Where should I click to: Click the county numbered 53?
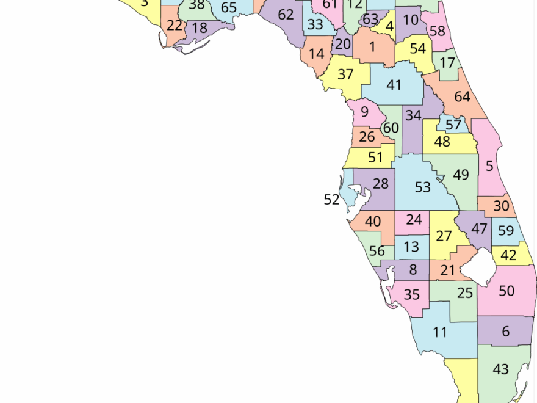[422, 187]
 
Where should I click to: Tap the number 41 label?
[394, 85]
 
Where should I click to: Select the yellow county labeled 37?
[345, 75]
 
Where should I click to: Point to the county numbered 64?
[462, 96]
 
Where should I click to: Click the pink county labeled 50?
[506, 291]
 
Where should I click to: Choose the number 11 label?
[440, 333]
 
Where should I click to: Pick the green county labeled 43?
[500, 369]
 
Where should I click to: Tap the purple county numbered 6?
[505, 332]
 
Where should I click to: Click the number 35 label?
[412, 295]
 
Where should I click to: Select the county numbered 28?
[380, 184]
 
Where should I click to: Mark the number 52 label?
[331, 200]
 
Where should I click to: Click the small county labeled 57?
[453, 125]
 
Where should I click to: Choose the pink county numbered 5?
[489, 165]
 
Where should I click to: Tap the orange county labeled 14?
[316, 54]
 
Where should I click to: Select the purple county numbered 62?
[286, 15]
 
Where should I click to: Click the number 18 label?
[200, 27]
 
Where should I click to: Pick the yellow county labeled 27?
[444, 236]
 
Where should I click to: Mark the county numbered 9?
[364, 112]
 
